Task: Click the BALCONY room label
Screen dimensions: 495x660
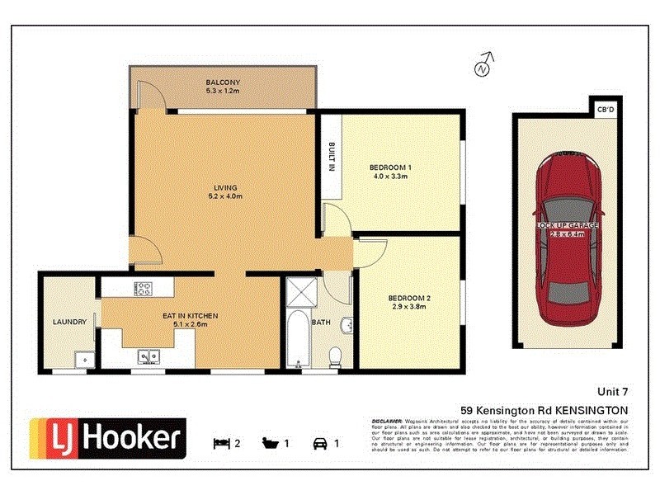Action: pos(223,82)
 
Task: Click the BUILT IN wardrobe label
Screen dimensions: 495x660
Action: pos(332,157)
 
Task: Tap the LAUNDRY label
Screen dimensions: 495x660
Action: pos(69,322)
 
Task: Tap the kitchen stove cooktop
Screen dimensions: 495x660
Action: pos(144,289)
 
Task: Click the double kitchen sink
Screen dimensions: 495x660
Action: pos(149,357)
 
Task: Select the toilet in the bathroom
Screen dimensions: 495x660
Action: pos(336,357)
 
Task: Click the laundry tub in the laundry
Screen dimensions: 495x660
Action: pos(82,360)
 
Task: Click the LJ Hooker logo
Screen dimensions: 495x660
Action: pos(107,437)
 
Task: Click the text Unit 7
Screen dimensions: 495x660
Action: pos(613,392)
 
